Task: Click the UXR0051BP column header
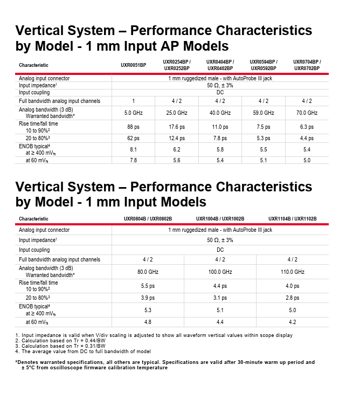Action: point(133,65)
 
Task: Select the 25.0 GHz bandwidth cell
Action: point(177,113)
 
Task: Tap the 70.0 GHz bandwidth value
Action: point(307,113)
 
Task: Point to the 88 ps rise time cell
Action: point(133,127)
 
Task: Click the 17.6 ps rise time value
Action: point(177,127)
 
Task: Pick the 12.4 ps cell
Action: point(177,139)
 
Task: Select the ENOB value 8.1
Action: point(133,149)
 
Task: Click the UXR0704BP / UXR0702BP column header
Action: point(307,65)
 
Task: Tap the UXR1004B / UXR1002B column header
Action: point(220,219)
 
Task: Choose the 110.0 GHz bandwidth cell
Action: point(292,272)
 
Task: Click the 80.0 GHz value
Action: point(148,272)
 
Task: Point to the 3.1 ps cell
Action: point(220,298)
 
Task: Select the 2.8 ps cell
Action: point(292,298)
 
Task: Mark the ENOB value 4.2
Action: point(292,322)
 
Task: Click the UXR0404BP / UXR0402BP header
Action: point(220,65)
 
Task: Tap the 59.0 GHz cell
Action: point(264,113)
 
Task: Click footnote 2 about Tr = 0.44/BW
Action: point(60,341)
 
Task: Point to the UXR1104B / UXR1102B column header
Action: point(292,219)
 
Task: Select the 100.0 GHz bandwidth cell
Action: point(220,272)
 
